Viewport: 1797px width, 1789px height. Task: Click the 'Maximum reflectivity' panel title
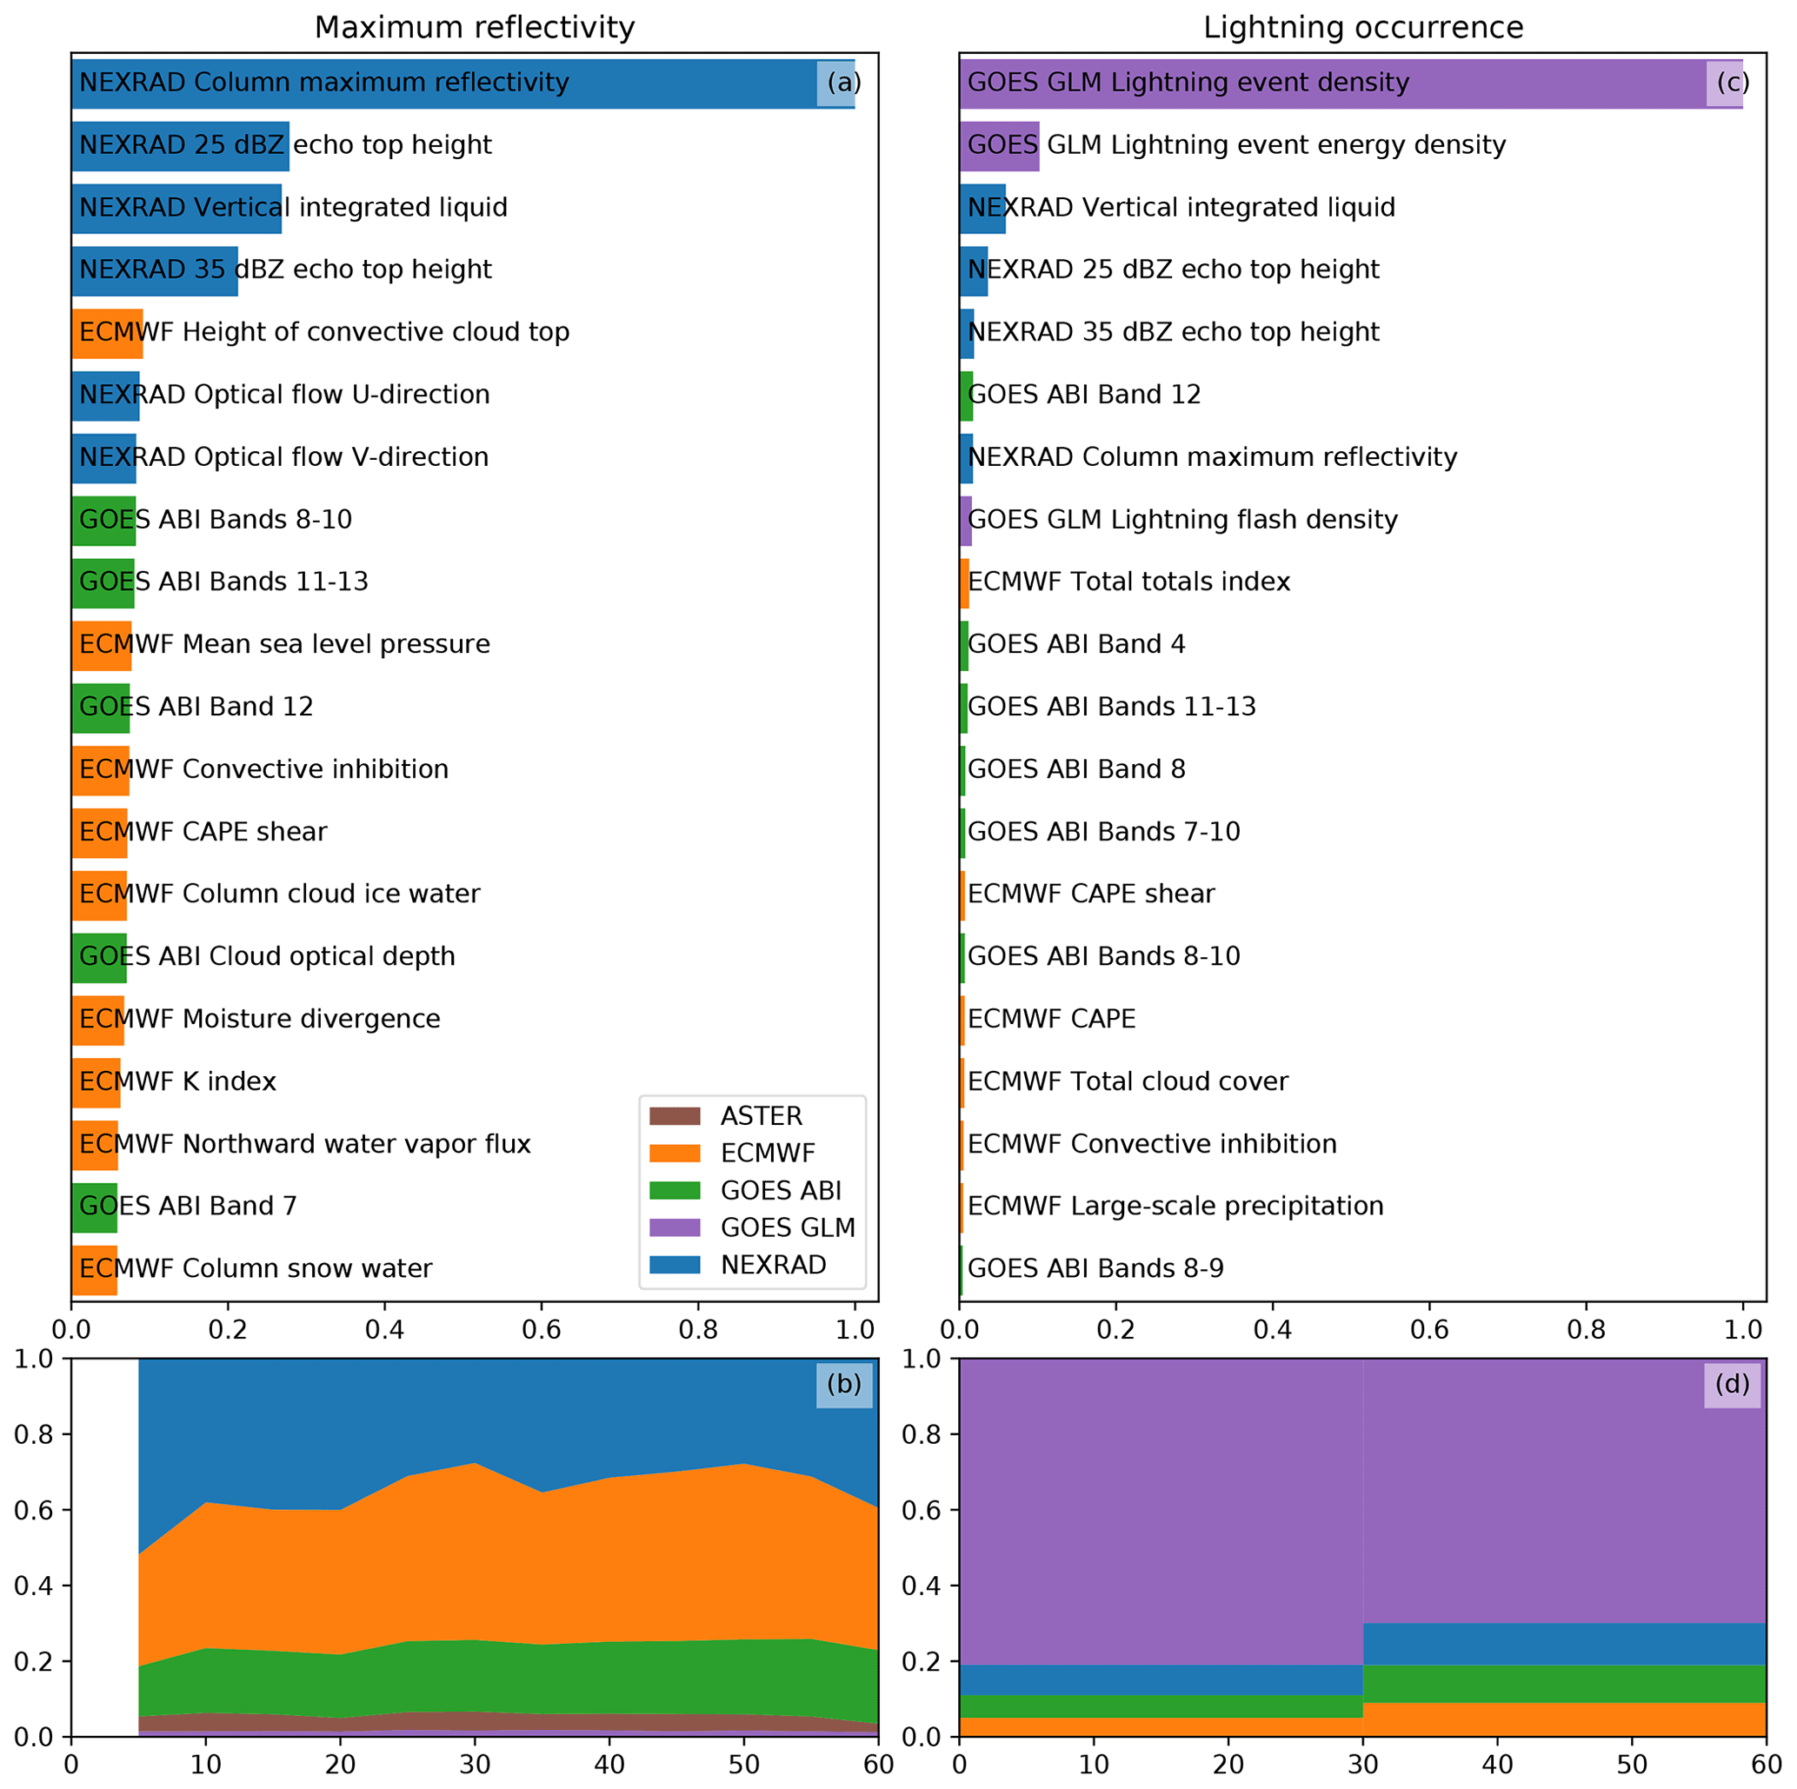tap(475, 28)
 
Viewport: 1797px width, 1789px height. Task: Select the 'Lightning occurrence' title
tap(1362, 28)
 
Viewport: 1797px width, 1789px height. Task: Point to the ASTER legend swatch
tap(675, 1116)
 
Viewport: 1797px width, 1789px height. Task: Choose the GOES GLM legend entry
tap(787, 1227)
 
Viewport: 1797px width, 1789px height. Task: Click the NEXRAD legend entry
tap(773, 1265)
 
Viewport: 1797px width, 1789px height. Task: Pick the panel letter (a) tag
tap(843, 83)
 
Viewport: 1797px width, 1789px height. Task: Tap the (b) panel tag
tap(843, 1385)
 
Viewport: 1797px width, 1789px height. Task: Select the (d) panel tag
tap(1732, 1385)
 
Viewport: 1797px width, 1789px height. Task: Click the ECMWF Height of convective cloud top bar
tap(107, 333)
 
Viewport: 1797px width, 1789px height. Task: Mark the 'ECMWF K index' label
tap(177, 1081)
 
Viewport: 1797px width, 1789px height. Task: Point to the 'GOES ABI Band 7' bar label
tap(188, 1206)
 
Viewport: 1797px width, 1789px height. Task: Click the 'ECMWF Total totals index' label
tap(1128, 582)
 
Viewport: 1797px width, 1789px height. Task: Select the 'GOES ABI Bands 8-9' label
tap(1095, 1268)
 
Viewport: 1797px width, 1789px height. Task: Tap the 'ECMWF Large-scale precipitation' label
tap(1175, 1206)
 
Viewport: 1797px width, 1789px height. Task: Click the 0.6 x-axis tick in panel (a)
tap(541, 1330)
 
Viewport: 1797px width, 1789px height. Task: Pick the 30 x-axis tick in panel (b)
tap(475, 1765)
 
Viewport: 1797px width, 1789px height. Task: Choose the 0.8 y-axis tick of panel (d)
tap(920, 1434)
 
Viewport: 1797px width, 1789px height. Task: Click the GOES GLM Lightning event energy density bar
tap(999, 146)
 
